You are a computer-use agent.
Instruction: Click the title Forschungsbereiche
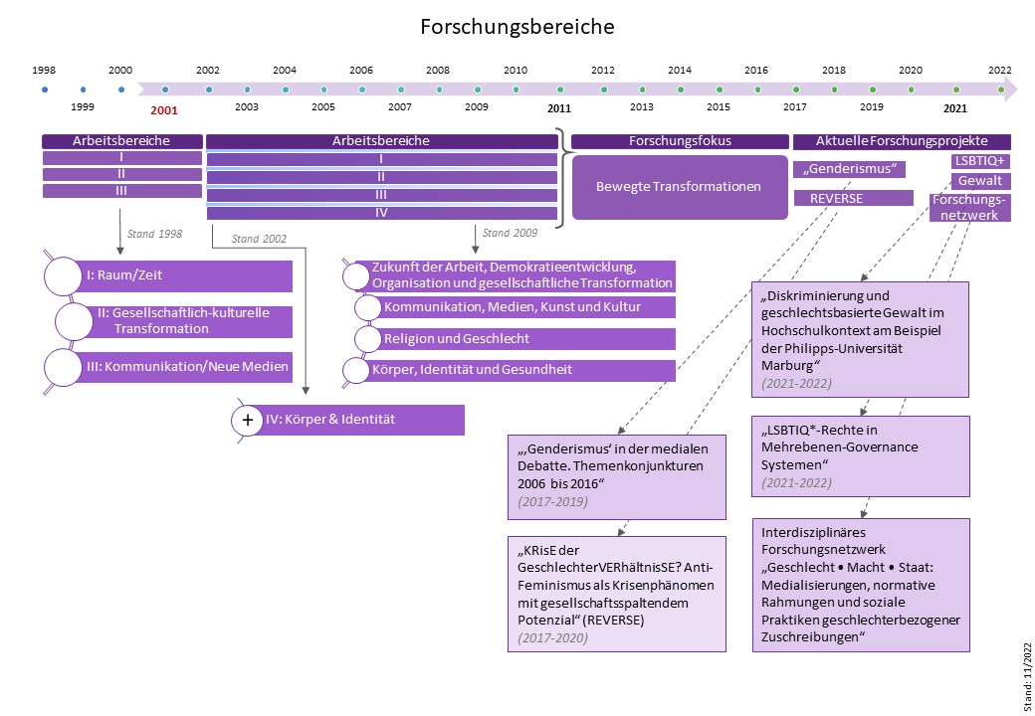[x=517, y=27]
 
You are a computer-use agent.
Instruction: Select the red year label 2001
[x=164, y=110]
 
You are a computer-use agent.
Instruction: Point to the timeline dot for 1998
[x=45, y=89]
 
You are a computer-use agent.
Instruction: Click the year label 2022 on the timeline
[x=999, y=70]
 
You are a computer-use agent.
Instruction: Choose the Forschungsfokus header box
[x=680, y=141]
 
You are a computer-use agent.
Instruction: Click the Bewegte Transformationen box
[x=678, y=186]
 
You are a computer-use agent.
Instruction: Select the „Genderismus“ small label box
[x=849, y=169]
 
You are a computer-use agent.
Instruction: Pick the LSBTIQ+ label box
[x=981, y=161]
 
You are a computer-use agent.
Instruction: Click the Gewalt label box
[x=981, y=181]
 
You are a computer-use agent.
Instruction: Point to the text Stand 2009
[x=510, y=233]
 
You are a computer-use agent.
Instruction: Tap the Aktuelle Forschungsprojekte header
[x=902, y=141]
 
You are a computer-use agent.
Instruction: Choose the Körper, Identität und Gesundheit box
[x=513, y=370]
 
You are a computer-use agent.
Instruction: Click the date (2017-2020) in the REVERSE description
[x=548, y=637]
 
